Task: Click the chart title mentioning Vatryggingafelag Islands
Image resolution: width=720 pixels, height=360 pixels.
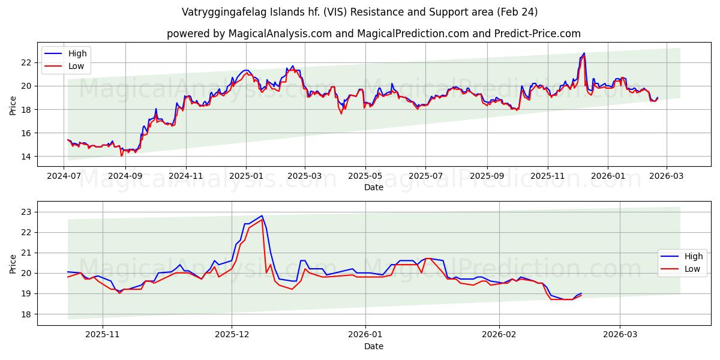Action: pyautogui.click(x=360, y=12)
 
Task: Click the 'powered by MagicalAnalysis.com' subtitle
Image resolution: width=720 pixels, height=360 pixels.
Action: pyautogui.click(x=373, y=34)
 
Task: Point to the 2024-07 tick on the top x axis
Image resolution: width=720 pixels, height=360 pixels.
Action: pyautogui.click(x=64, y=177)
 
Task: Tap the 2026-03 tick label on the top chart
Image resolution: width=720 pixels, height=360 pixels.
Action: pyautogui.click(x=668, y=177)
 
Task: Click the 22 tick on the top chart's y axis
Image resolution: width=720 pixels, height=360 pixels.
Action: pyautogui.click(x=26, y=62)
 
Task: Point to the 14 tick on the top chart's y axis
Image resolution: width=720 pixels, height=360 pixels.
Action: pyautogui.click(x=26, y=157)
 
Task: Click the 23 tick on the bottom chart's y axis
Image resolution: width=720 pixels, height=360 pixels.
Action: pyautogui.click(x=26, y=212)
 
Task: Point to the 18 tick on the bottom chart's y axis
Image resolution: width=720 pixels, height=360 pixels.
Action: pyautogui.click(x=26, y=314)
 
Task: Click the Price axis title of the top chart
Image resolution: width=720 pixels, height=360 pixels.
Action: pyautogui.click(x=13, y=106)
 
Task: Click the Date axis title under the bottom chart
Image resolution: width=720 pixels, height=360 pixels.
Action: pyautogui.click(x=374, y=346)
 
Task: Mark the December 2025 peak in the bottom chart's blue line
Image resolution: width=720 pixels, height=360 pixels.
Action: pyautogui.click(x=262, y=215)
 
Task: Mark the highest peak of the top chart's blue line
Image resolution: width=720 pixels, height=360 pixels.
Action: pyautogui.click(x=584, y=53)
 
